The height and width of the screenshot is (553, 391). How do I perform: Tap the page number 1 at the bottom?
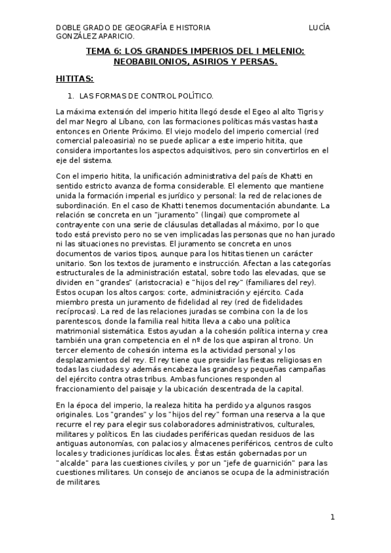(332, 517)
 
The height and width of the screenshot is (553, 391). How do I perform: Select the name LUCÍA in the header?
(320, 28)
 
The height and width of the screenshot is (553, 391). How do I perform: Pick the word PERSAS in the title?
(257, 62)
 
